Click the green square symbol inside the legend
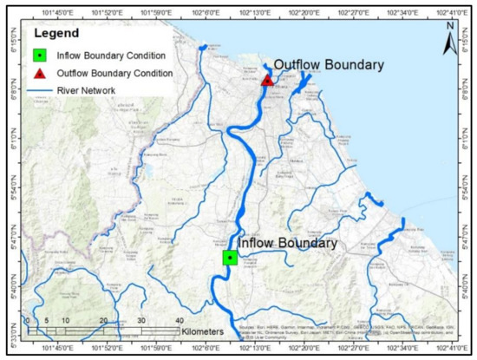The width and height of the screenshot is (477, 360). tap(40, 57)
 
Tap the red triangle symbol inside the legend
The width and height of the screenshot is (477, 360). tap(40, 74)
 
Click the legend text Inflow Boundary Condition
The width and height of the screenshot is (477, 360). tap(107, 57)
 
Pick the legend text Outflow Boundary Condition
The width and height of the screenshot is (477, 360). tap(110, 74)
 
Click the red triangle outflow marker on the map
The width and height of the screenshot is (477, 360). tap(268, 81)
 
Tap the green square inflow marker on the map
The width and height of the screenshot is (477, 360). tap(229, 257)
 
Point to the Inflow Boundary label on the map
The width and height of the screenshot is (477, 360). tap(287, 244)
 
